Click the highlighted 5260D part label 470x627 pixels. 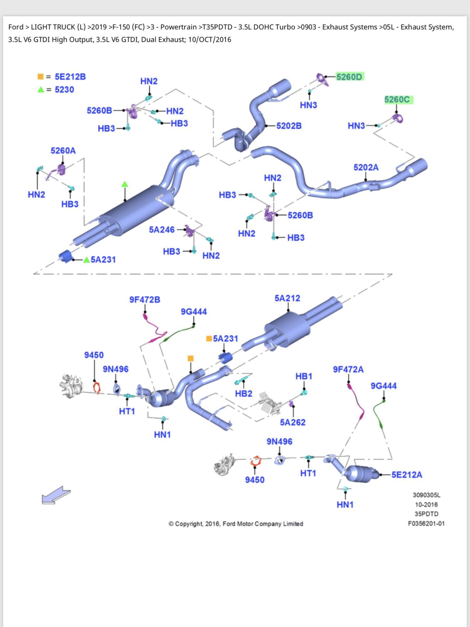pos(349,77)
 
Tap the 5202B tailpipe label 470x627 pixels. pos(289,126)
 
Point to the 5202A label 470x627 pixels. pos(366,167)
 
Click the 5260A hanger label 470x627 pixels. pos(63,151)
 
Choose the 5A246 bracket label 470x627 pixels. pos(162,230)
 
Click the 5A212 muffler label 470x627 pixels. pos(287,298)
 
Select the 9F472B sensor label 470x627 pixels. pos(145,300)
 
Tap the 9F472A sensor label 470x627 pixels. pos(348,370)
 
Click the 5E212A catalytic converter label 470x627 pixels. pos(407,475)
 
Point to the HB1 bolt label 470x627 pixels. pos(304,376)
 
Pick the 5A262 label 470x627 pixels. pos(293,422)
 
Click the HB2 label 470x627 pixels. pos(243,394)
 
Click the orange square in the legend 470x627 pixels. pos(40,76)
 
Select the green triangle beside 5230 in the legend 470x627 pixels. pos(41,90)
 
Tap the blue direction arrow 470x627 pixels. pos(56,495)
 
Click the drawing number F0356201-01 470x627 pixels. pos(426,524)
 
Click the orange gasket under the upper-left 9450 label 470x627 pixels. pos(97,387)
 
